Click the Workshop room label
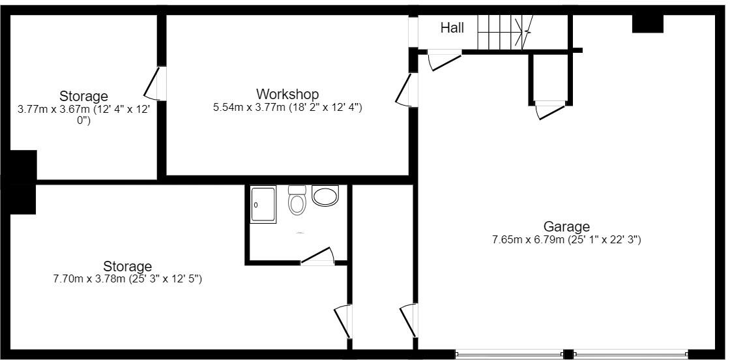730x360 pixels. click(287, 94)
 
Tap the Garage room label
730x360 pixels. click(566, 226)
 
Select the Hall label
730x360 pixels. click(452, 27)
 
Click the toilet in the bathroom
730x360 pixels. click(297, 201)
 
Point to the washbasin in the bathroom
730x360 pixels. click(325, 195)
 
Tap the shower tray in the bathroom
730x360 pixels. click(263, 204)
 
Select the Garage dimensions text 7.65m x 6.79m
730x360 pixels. click(566, 239)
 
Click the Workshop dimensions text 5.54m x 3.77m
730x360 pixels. click(287, 107)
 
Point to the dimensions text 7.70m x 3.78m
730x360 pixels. click(128, 279)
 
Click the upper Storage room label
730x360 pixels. click(83, 97)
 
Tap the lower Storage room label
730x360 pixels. click(128, 266)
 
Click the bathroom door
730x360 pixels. click(317, 256)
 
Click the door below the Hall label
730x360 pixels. click(445, 60)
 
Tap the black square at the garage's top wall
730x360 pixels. click(647, 23)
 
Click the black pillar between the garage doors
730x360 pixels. click(568, 354)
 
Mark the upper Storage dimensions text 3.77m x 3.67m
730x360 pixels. click(83, 115)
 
